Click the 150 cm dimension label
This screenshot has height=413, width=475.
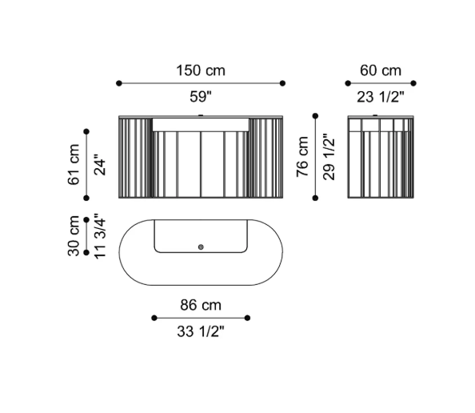tap(201, 70)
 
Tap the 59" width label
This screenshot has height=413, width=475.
tap(201, 97)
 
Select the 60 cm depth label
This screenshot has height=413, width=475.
tap(381, 70)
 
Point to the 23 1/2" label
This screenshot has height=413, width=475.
tap(381, 97)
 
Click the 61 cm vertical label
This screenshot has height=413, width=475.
tap(74, 165)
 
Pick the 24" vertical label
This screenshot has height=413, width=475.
tap(100, 165)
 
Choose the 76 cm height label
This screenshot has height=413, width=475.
tap(302, 157)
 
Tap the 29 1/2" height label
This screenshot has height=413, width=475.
tap(329, 157)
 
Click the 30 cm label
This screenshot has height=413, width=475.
tap(74, 236)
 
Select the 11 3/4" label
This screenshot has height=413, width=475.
tap(100, 236)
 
